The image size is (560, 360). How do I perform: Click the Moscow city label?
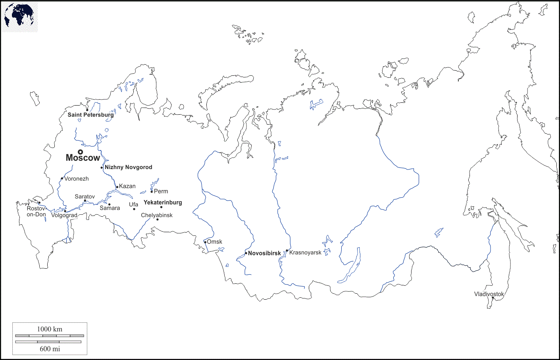click(83, 158)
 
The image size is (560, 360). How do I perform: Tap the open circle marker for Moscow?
click(80, 152)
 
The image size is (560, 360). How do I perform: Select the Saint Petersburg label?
click(90, 115)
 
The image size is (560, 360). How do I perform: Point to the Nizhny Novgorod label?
click(128, 167)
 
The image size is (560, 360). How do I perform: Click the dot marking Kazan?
click(117, 187)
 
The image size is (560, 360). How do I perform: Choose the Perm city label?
click(161, 191)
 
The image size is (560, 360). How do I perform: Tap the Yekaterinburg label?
click(163, 202)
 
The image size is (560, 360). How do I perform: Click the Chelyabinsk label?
click(157, 215)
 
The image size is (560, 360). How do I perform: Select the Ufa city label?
click(133, 204)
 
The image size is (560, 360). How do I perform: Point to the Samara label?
click(110, 208)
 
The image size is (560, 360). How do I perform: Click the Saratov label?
click(85, 196)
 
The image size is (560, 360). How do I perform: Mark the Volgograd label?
click(64, 215)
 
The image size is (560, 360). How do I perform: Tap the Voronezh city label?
click(77, 179)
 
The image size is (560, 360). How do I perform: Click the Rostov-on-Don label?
click(36, 211)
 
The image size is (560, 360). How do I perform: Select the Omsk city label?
click(214, 242)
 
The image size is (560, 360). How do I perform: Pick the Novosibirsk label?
click(264, 253)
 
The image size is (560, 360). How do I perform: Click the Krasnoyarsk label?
click(305, 252)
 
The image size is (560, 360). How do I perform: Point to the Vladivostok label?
click(489, 294)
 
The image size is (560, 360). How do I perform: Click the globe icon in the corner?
click(19, 17)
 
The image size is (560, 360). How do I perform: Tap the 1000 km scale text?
click(50, 329)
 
